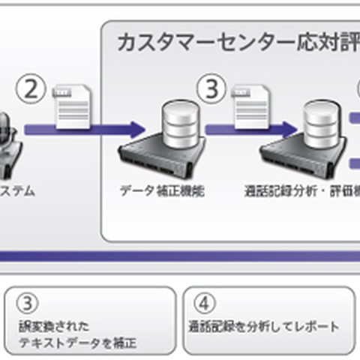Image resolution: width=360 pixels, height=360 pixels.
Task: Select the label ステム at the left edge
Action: [17, 191]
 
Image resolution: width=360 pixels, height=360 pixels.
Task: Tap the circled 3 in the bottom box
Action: [28, 305]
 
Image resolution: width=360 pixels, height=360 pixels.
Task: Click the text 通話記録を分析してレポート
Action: [263, 327]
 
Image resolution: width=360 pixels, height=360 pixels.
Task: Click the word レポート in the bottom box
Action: [319, 327]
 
